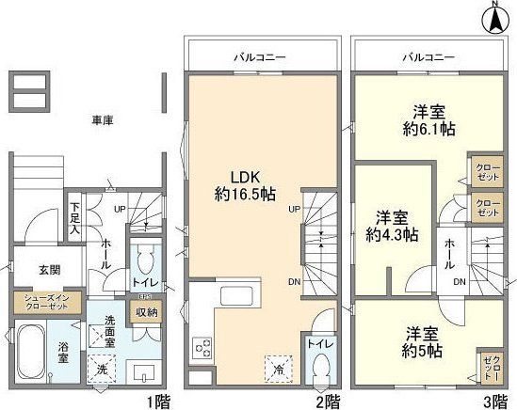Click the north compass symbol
(498, 17)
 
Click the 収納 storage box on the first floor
(146, 311)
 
